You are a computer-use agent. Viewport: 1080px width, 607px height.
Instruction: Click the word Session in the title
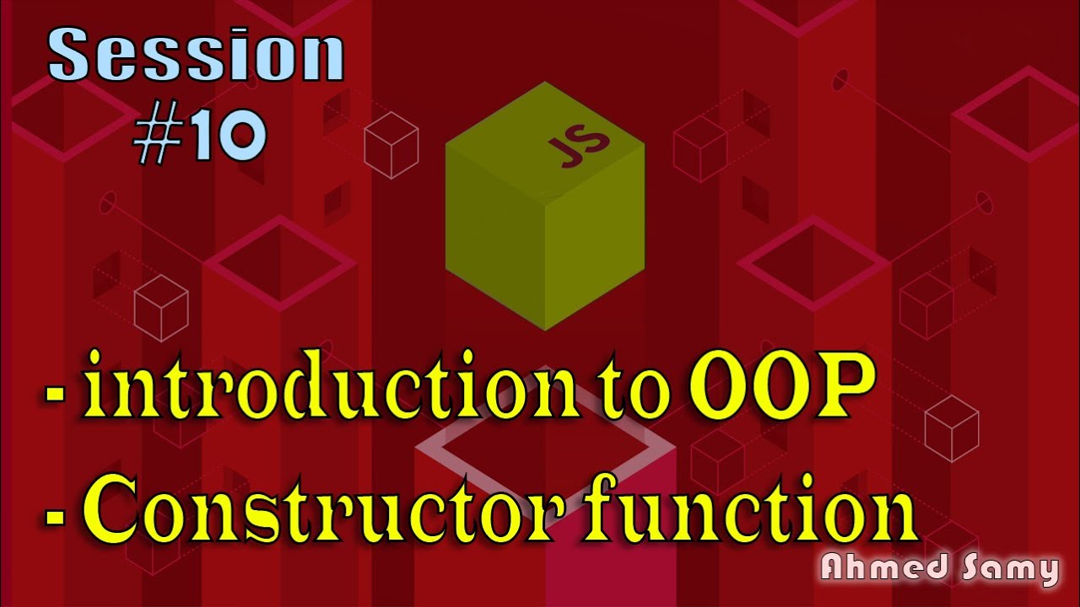coord(196,55)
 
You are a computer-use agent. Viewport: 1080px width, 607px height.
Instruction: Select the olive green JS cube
coord(545,207)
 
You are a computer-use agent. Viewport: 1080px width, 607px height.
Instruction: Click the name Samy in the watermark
coord(1009,570)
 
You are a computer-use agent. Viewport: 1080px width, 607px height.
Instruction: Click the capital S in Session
coord(71,55)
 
